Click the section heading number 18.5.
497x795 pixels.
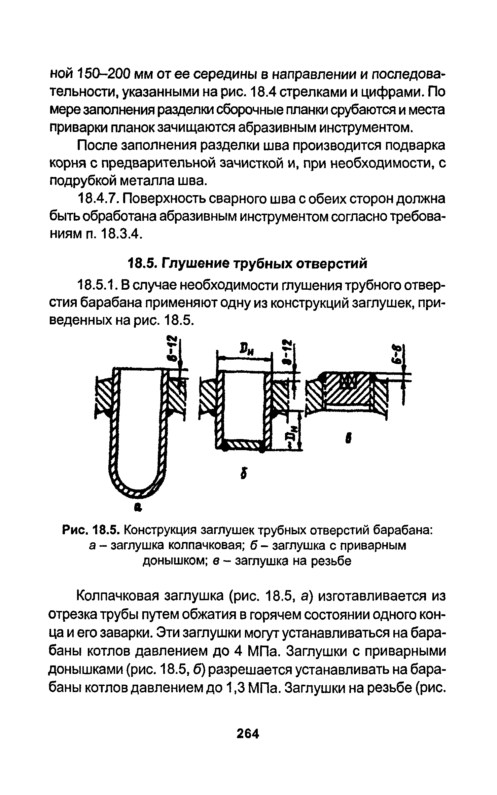point(143,264)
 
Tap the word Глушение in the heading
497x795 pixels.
point(197,264)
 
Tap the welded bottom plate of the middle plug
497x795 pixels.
point(244,447)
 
